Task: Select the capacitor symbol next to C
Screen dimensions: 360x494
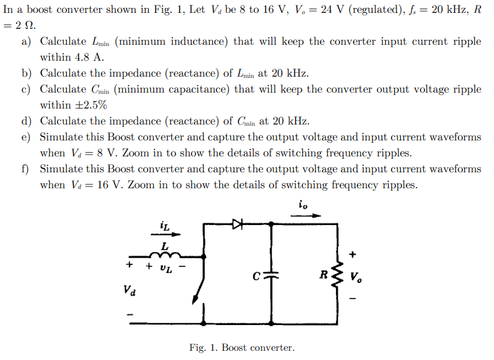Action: point(272,275)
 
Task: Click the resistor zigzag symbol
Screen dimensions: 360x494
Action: point(336,275)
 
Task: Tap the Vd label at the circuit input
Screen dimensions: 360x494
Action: point(130,289)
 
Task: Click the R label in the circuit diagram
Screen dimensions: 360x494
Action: point(323,274)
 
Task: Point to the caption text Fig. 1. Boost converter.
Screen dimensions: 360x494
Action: point(241,348)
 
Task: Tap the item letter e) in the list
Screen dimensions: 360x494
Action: point(26,137)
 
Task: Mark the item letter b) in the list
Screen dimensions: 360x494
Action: point(26,73)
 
